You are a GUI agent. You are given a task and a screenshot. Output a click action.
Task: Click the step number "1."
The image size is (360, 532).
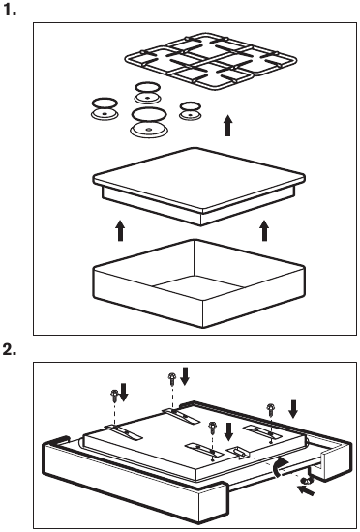click(x=10, y=10)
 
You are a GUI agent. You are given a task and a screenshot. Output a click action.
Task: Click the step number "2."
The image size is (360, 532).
click(x=10, y=350)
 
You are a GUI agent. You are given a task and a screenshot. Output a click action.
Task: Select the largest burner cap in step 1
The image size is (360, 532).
click(x=149, y=123)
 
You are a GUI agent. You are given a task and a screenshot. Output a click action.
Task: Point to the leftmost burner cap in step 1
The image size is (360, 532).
click(x=105, y=109)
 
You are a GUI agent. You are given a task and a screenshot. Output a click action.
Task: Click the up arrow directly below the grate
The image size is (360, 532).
click(x=228, y=125)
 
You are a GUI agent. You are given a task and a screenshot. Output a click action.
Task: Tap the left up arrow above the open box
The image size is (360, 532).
click(x=120, y=231)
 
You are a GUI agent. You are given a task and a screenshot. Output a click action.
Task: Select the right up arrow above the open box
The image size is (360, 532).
click(x=264, y=231)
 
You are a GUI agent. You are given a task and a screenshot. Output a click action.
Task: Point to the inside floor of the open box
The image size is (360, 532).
click(x=199, y=287)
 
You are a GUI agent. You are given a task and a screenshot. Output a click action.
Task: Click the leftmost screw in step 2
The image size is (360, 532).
click(x=114, y=396)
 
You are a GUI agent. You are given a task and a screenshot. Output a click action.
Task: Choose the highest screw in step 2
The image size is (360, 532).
click(x=172, y=378)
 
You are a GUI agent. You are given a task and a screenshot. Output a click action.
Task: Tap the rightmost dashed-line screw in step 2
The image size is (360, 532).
click(x=270, y=409)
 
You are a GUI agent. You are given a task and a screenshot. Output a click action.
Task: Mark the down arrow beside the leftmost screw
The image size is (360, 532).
click(x=123, y=392)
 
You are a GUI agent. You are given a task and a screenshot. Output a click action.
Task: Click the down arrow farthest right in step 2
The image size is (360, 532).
click(x=293, y=409)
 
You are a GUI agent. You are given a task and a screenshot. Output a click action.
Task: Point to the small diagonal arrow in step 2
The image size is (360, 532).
click(x=306, y=490)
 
